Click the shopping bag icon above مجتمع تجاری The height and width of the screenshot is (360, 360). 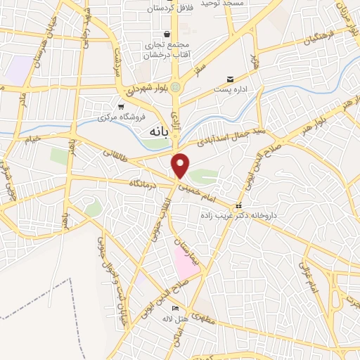coord(167,34)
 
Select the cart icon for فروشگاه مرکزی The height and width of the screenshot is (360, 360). coord(121,106)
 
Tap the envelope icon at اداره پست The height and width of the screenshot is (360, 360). coord(229,79)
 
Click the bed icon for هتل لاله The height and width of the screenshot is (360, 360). coord(176,310)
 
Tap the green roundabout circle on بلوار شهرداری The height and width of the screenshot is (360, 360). coord(175,87)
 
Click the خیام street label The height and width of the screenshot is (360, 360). coord(34,141)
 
